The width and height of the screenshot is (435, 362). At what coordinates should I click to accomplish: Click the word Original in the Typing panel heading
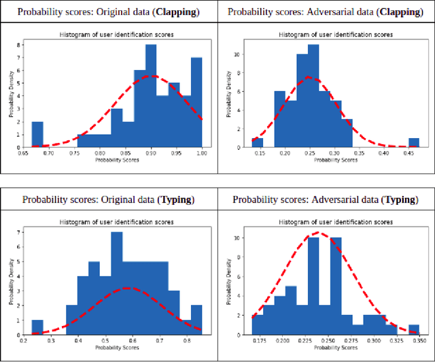point(101,199)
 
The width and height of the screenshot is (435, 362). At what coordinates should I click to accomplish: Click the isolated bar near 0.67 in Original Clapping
point(37,134)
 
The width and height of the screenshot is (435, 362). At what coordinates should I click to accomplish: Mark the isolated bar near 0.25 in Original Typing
point(37,327)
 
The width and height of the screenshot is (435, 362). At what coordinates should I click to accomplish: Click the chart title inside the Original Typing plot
point(117,222)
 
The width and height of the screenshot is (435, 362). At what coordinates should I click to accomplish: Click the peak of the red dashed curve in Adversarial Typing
point(319,233)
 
